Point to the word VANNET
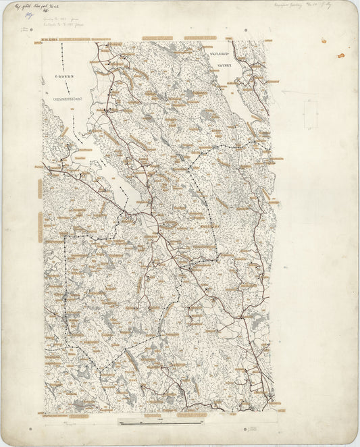[x=224, y=65]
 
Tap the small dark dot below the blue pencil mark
[x=25, y=30]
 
